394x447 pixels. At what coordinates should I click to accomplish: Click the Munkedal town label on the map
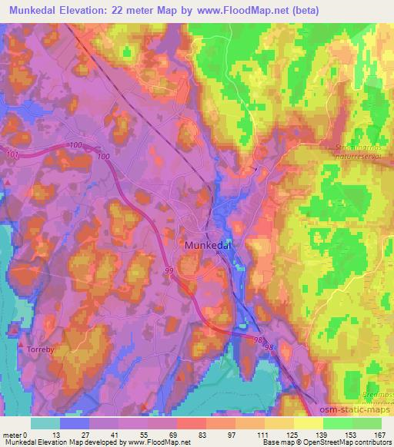coord(210,244)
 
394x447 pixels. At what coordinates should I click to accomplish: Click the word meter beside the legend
coord(13,435)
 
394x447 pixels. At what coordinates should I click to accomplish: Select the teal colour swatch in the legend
coord(45,423)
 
